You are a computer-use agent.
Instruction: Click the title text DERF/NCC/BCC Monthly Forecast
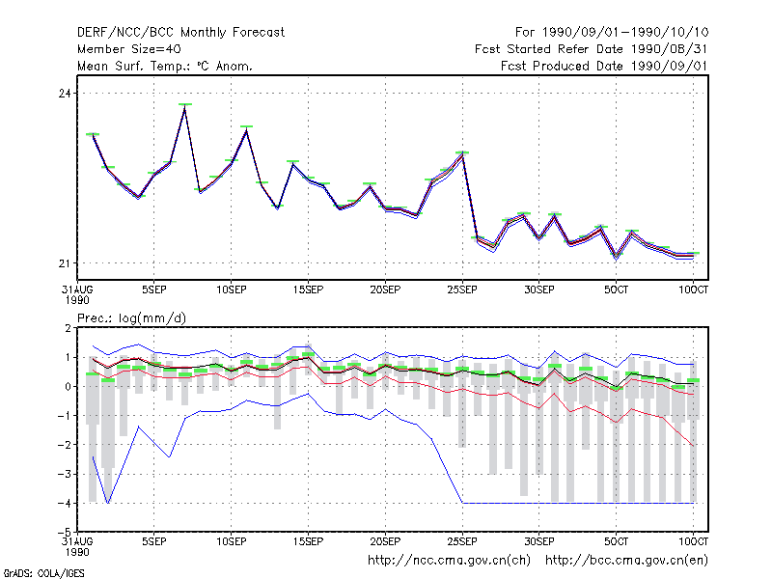(x=180, y=33)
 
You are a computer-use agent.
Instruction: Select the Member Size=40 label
(x=129, y=49)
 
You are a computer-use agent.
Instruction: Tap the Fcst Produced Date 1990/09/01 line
(x=604, y=66)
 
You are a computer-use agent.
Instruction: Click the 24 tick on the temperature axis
(x=65, y=93)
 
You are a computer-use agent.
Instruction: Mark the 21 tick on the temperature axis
(x=65, y=263)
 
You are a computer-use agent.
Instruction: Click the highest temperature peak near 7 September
(x=184, y=106)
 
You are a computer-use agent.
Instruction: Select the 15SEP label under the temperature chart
(x=308, y=289)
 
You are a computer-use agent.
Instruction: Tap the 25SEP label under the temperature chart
(x=462, y=289)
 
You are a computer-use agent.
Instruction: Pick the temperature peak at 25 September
(x=462, y=153)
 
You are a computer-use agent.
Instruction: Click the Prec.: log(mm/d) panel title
(x=131, y=318)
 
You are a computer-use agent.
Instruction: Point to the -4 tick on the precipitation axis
(x=65, y=503)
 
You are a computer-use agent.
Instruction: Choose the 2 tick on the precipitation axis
(x=68, y=328)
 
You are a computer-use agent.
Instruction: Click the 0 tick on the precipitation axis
(x=68, y=387)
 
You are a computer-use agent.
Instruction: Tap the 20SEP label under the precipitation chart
(x=385, y=541)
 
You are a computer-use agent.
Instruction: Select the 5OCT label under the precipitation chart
(x=616, y=541)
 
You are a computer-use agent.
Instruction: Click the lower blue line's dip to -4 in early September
(x=108, y=503)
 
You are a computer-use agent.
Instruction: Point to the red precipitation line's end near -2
(x=693, y=446)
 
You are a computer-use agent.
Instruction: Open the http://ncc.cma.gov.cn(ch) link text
(x=449, y=561)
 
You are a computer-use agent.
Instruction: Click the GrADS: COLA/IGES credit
(x=43, y=573)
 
